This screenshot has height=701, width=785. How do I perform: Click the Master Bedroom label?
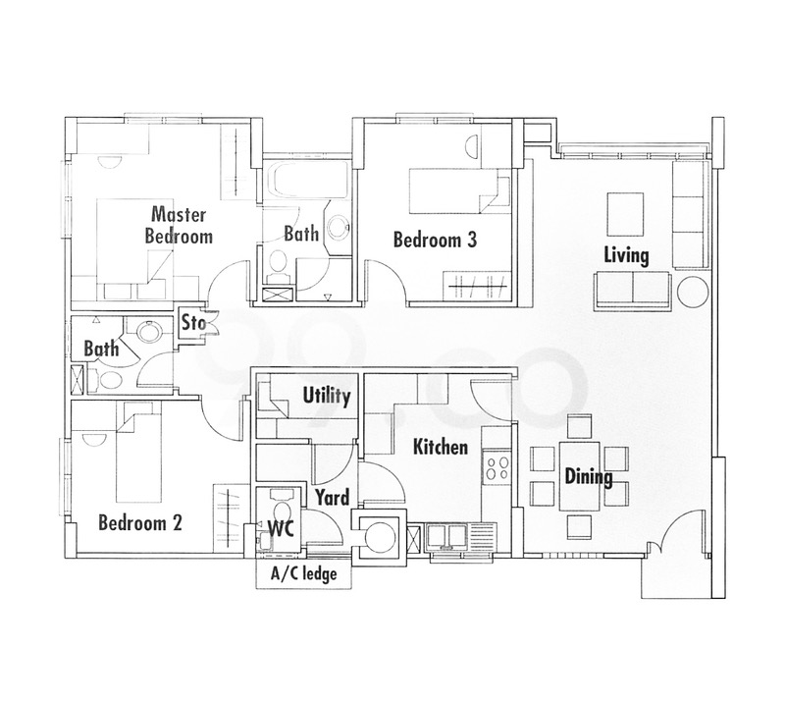pos(179,225)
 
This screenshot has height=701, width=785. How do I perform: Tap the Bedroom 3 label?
pos(435,240)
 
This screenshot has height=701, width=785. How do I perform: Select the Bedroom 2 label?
pos(140,522)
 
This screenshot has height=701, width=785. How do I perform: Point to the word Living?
pos(626,256)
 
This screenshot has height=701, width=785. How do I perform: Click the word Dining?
pos(588,478)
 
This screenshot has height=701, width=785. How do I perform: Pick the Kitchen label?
pos(440,448)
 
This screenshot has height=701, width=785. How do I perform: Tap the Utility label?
pos(326,397)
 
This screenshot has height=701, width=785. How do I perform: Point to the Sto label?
pos(192,322)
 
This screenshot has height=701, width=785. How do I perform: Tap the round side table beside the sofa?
pos(693,293)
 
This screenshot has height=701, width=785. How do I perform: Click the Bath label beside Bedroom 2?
pos(101,349)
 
